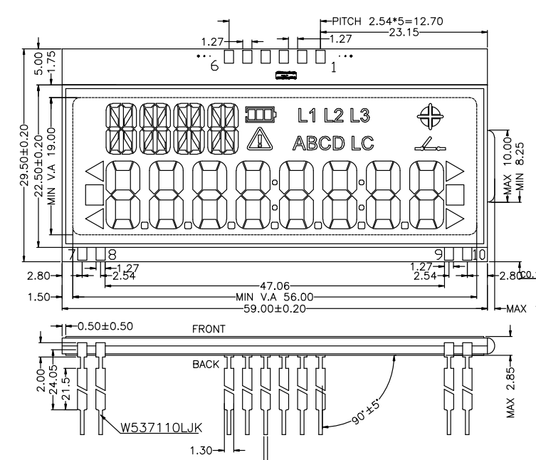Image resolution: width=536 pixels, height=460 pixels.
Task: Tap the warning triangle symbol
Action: [256, 140]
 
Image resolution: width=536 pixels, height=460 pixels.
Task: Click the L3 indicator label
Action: [359, 114]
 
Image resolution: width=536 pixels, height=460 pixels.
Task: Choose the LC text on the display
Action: [362, 143]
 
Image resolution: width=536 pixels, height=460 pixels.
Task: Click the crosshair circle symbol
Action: [431, 115]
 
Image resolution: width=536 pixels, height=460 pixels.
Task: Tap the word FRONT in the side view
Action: [209, 330]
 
